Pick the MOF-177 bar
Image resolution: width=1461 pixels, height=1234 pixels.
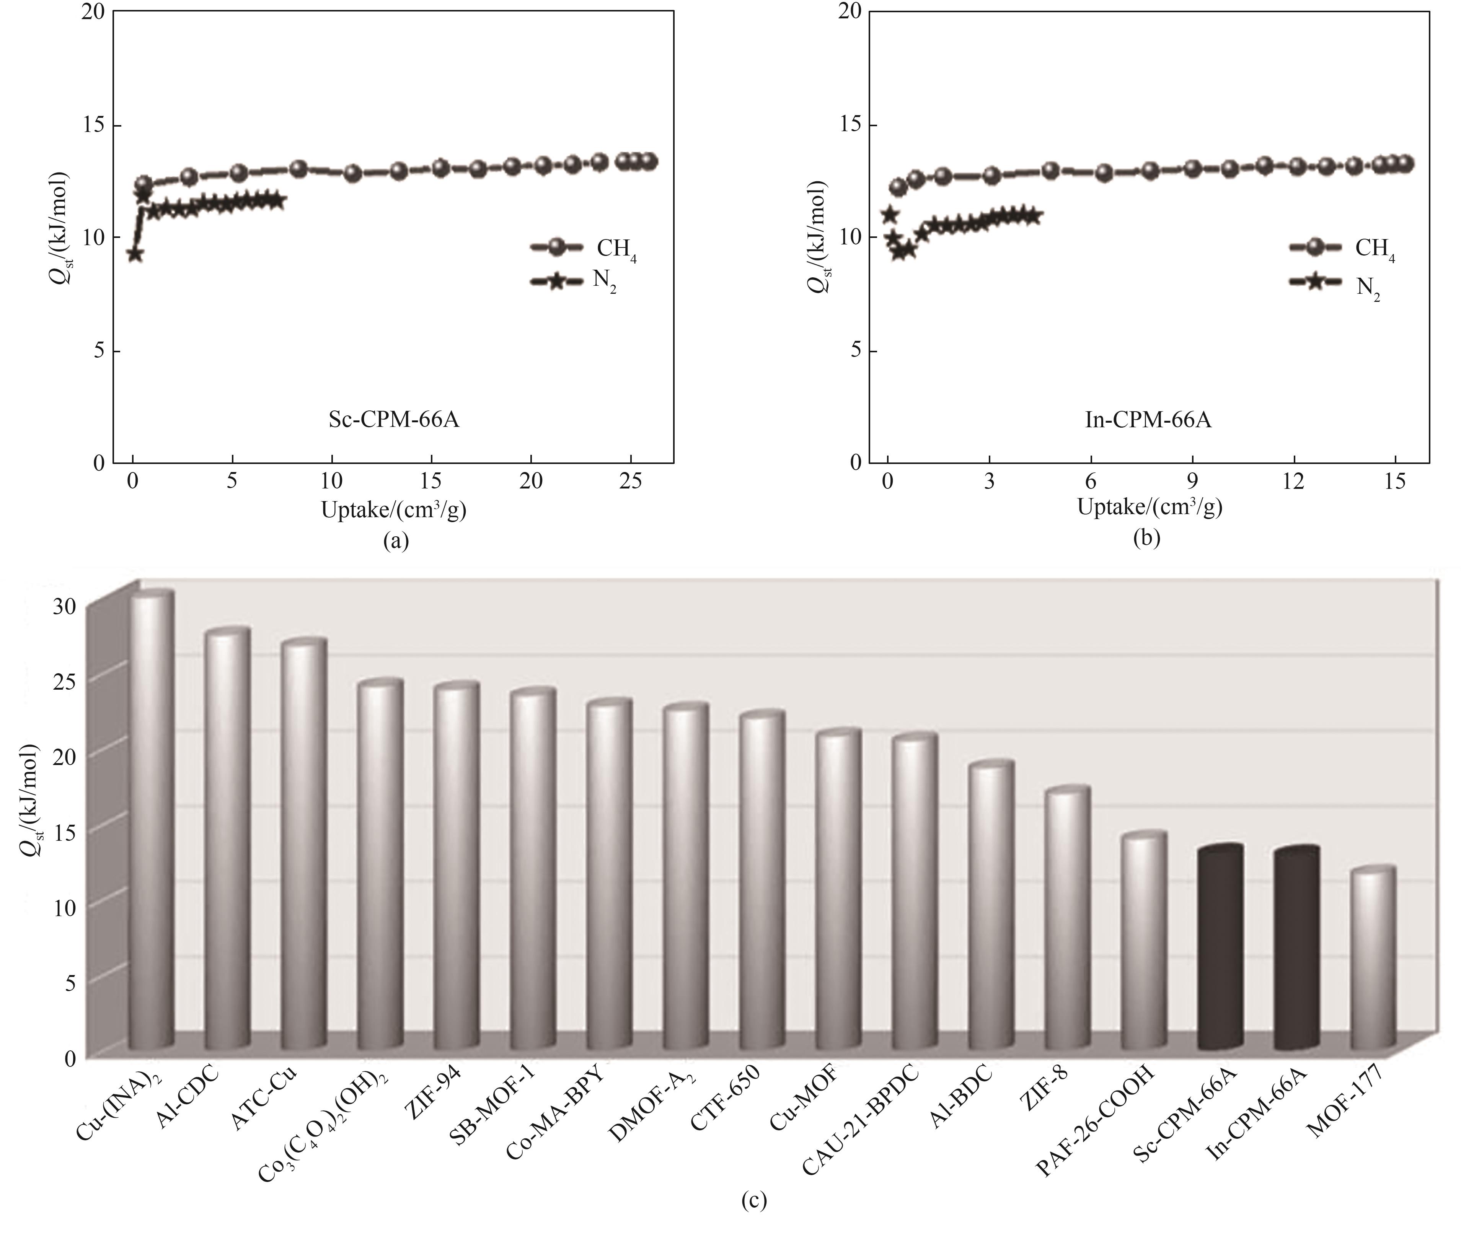pos(1373,965)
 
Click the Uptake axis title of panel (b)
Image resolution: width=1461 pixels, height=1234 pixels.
pos(1150,508)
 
